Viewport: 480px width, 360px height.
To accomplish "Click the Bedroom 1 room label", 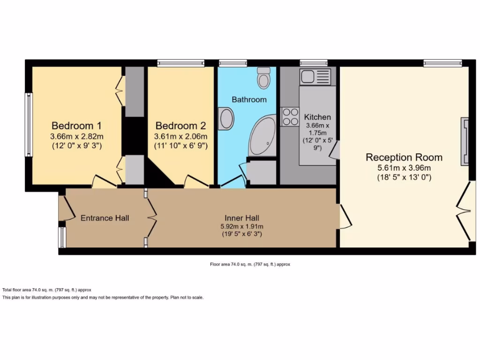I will [76, 126].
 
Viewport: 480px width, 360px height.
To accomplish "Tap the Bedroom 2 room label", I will [180, 126].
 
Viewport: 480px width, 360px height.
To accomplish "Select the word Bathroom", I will [249, 99].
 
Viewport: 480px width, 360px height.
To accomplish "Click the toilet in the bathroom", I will [264, 77].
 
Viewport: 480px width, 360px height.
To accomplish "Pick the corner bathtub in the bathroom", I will [263, 136].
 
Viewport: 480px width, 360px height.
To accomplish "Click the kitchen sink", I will [315, 76].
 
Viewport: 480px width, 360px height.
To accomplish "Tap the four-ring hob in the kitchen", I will [290, 117].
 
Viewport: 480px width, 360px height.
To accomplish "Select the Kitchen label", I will [317, 117].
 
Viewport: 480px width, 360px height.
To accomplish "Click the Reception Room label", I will [404, 157].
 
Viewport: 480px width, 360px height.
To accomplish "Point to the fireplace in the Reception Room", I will [465, 141].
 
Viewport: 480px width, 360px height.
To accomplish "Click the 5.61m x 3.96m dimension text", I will [404, 168].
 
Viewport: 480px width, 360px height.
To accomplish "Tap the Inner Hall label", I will [242, 218].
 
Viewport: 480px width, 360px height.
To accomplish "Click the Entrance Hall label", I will [105, 218].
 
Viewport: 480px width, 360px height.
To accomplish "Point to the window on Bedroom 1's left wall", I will [29, 124].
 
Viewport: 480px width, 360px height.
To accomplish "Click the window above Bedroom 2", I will [181, 63].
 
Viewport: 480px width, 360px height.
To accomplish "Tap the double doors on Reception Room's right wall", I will [464, 211].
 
